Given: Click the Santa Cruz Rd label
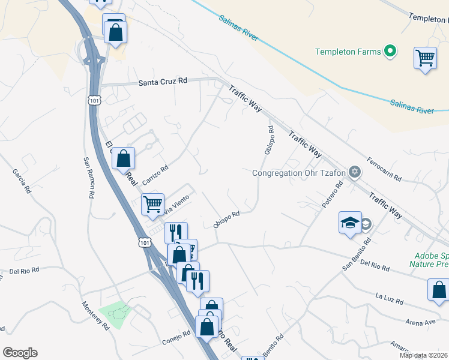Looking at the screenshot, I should click(x=163, y=83).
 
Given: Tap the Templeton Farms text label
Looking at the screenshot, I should click(x=348, y=52).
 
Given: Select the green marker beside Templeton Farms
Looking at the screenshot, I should click(x=391, y=52).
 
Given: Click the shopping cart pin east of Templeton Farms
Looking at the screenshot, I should click(x=425, y=59).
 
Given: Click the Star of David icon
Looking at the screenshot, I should click(x=355, y=173).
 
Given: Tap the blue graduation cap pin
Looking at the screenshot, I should click(x=350, y=223).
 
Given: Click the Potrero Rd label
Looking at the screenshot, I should click(x=331, y=195).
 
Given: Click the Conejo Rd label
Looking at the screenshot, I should click(x=176, y=341).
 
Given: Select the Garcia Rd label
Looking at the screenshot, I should click(x=21, y=181).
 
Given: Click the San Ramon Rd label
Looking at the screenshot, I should click(x=89, y=178).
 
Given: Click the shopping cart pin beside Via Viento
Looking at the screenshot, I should click(x=153, y=204).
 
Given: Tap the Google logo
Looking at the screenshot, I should click(x=20, y=353).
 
